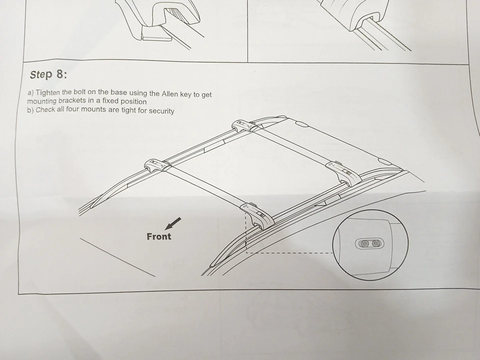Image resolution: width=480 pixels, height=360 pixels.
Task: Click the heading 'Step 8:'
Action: coord(48,74)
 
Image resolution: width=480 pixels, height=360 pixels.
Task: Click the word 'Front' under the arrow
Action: coord(159,236)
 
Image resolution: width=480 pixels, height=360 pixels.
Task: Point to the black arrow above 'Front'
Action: coord(172,224)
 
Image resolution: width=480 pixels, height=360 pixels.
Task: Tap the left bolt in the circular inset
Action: coord(364,243)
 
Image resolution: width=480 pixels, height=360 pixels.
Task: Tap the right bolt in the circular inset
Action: coord(375,243)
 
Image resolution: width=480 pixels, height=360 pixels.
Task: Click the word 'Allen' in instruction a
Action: coord(170,93)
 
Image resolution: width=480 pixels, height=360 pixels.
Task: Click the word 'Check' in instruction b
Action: coord(45,109)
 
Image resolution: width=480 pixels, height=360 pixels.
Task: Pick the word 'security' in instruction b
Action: coord(161,111)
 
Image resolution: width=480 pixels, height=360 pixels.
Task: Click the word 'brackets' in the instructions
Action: coord(72,100)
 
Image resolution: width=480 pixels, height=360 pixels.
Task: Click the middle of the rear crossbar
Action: coord(292,145)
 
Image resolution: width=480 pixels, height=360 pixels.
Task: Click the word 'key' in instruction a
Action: coord(186,94)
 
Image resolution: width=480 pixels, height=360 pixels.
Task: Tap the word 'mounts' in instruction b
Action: coord(93,109)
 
